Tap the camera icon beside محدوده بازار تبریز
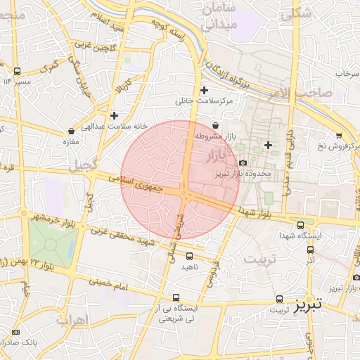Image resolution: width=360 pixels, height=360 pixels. [243, 163]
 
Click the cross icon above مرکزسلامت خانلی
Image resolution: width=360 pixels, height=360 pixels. [205, 90]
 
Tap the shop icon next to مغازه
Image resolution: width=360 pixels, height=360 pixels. [71, 131]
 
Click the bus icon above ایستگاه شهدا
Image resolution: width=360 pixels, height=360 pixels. [301, 226]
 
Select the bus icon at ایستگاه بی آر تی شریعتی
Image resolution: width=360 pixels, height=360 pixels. [176, 297]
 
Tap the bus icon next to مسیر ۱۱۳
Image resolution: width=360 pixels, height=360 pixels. [18, 71]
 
